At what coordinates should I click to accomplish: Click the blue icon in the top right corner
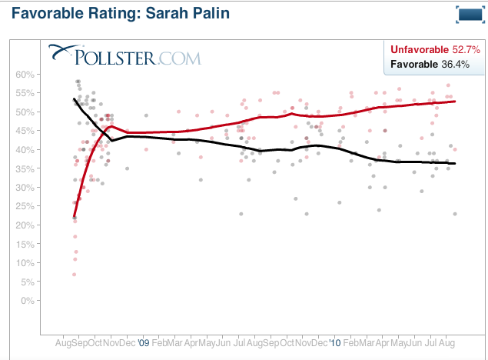click(x=468, y=15)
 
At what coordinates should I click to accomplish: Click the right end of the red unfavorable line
click(x=456, y=102)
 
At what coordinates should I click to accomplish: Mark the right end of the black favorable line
click(x=456, y=163)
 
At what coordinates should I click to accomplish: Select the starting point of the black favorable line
click(x=74, y=99)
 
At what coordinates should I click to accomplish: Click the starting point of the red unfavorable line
click(x=74, y=218)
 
